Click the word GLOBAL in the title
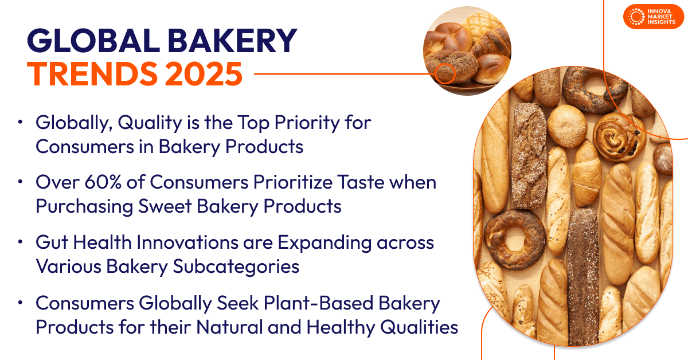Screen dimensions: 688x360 93,41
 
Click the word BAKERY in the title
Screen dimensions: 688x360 232,41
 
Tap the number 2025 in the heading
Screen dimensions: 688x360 204,74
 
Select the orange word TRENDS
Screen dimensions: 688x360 92,74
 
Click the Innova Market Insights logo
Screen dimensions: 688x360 653,17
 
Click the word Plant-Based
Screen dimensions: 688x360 319,303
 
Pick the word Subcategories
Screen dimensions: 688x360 236,267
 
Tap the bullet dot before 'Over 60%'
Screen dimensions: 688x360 21,182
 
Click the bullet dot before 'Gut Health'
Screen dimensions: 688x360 21,242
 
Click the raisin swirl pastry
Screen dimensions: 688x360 619,136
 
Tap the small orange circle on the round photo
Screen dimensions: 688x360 445,74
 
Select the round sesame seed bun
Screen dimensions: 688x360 567,126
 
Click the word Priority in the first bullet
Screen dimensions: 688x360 307,123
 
